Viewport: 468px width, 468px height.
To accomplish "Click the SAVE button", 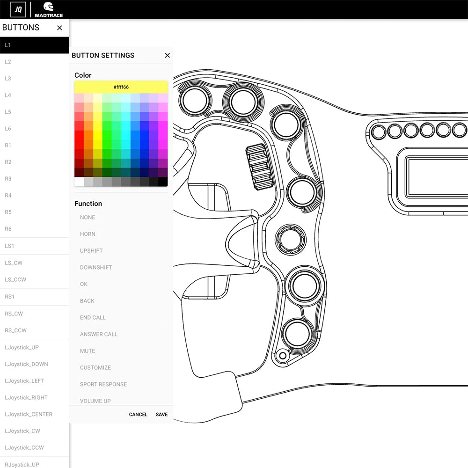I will point(161,415).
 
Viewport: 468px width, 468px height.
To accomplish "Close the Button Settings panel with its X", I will point(167,55).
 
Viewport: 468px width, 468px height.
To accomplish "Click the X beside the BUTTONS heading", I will point(59,28).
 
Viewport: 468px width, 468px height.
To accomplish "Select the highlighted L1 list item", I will point(34,45).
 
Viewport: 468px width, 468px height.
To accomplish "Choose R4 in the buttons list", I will point(8,196).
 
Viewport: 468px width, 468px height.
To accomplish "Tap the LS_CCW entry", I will point(15,280).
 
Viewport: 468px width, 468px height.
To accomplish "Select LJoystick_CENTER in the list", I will point(29,414).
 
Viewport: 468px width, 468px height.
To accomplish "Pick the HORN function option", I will point(88,234).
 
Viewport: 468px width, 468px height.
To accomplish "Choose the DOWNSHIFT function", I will point(96,267).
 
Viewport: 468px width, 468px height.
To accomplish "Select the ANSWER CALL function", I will point(99,334).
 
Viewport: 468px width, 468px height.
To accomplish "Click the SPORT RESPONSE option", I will point(103,384).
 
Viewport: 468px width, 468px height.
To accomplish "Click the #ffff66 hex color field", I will point(121,87).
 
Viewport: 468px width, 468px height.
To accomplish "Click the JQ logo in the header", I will point(18,9).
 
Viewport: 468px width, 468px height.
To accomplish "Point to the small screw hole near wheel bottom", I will point(282,356).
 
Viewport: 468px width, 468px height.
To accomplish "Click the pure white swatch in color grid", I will point(79,182).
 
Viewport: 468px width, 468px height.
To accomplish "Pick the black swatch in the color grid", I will point(163,182).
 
